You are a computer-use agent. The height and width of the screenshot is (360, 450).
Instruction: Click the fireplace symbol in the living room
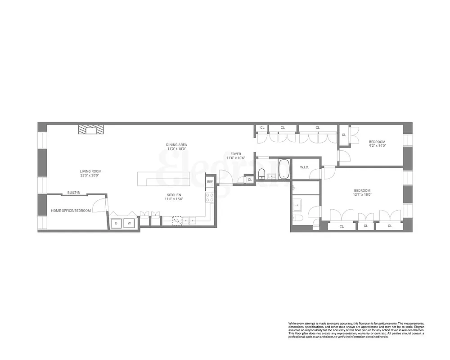[90, 130]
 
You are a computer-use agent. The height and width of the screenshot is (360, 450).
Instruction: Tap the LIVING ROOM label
[90, 171]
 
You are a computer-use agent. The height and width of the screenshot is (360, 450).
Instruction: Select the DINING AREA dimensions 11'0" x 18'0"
[177, 148]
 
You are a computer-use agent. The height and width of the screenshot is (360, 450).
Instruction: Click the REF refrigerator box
[210, 181]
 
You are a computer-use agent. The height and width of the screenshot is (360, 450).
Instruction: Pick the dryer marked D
[116, 223]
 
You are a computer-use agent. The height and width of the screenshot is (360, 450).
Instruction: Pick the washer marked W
[129, 223]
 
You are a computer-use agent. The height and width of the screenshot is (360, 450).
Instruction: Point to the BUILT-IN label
[74, 193]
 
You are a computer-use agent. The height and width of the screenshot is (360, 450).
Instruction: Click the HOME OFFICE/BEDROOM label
[71, 211]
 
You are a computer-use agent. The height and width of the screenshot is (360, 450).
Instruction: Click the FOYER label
[235, 154]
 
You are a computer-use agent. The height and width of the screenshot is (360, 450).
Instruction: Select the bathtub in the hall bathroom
[283, 170]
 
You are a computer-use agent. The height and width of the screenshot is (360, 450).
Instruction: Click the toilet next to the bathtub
[261, 173]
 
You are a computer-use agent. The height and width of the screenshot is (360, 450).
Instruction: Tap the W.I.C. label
[304, 167]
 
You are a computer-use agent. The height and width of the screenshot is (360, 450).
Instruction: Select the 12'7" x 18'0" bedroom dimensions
[362, 195]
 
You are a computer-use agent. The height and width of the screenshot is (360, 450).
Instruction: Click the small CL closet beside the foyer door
[250, 180]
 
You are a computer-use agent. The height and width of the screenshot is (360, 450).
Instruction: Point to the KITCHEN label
[174, 195]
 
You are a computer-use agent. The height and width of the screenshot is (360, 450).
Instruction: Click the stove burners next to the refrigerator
[209, 197]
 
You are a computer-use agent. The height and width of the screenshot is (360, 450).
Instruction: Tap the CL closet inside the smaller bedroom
[344, 135]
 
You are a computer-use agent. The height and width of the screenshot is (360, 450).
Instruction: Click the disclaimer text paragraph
[355, 330]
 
